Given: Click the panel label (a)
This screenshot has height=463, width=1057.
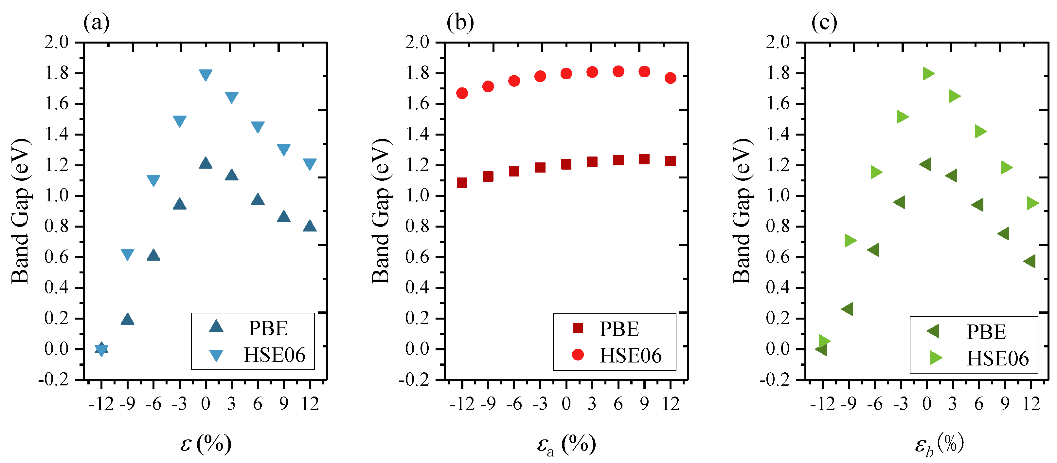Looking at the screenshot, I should [97, 23].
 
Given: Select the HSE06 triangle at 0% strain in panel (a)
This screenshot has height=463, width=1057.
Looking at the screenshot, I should [206, 74].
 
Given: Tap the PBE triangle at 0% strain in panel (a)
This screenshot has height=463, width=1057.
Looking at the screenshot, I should [206, 163].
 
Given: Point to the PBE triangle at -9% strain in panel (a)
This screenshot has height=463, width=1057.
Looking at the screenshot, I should [128, 319].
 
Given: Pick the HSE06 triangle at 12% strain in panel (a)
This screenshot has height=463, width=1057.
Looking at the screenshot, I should [310, 164].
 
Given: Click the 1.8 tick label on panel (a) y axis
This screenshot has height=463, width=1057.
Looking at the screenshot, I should [57, 73].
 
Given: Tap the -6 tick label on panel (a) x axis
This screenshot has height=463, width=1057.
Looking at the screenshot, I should [153, 404].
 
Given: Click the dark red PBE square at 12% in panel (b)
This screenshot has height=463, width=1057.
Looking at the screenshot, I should [671, 161].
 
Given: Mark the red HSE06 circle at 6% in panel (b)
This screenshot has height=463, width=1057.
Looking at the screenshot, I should [618, 71].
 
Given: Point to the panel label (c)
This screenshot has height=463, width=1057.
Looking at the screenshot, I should [824, 23].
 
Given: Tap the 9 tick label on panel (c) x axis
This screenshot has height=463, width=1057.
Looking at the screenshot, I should [1005, 404].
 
